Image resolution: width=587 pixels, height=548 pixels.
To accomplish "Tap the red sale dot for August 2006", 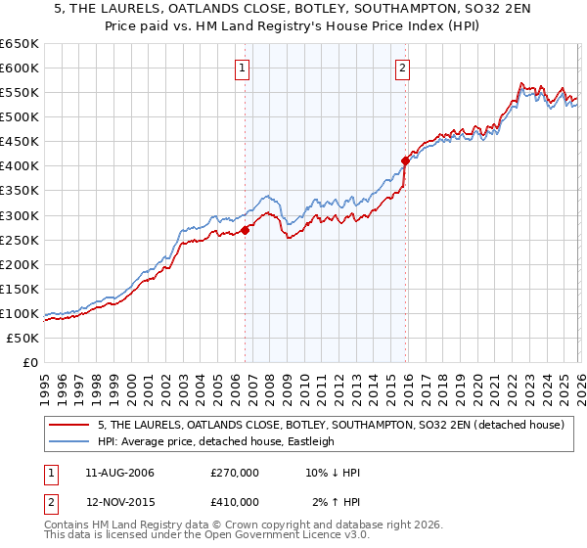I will coord(246,230).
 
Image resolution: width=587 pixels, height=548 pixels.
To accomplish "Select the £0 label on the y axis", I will coord(31,362).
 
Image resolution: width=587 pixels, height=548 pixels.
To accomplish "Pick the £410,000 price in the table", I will coord(235,501).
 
